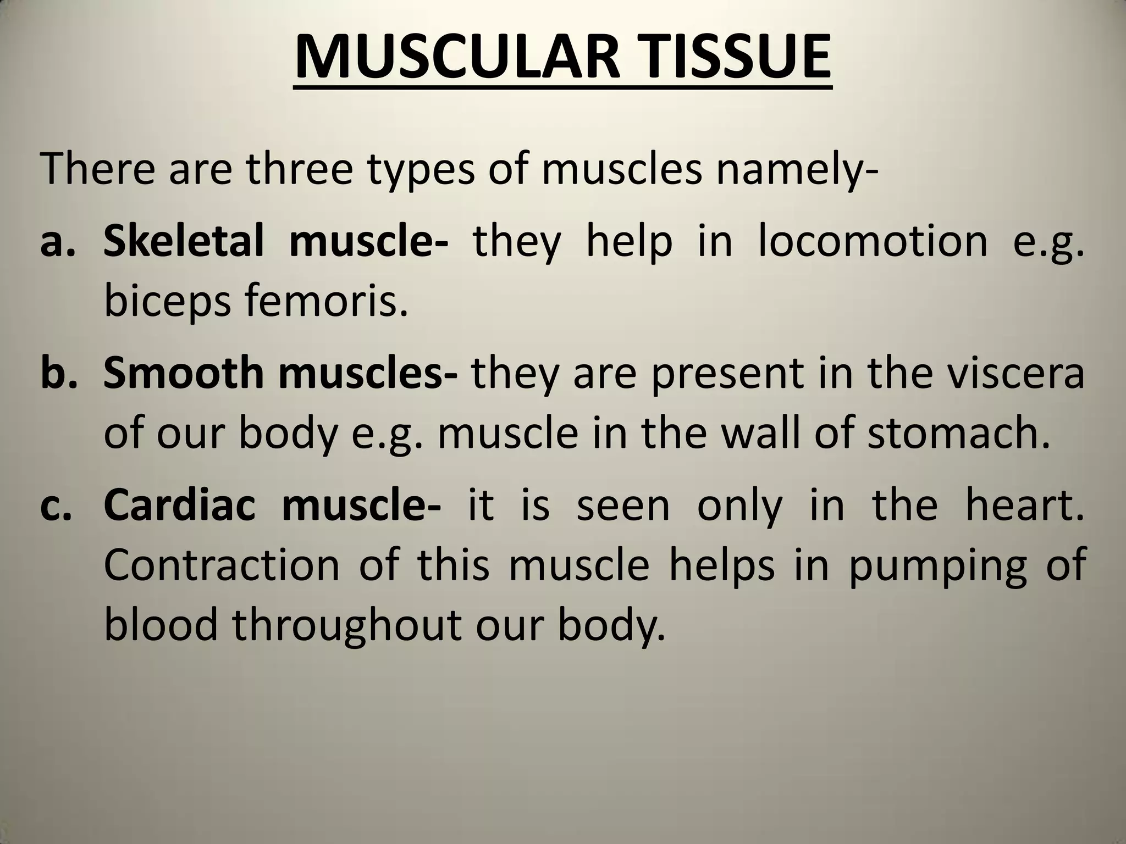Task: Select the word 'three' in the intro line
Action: (299, 169)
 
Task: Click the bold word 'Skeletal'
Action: (184, 241)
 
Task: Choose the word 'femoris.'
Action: (327, 302)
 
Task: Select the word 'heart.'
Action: (1025, 505)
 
